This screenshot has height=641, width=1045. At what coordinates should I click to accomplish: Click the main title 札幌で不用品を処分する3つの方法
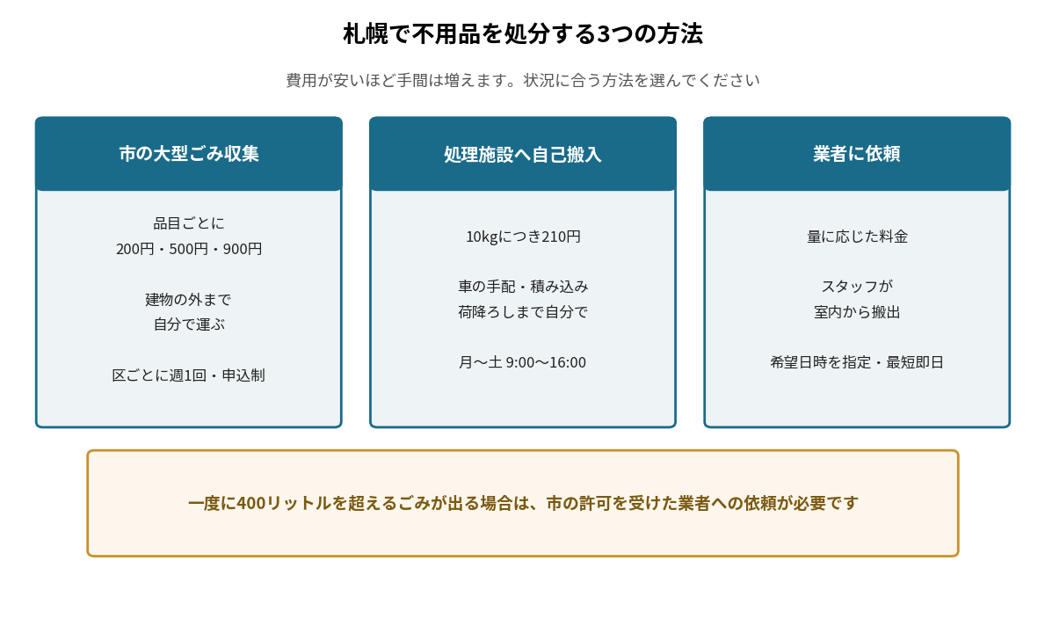(522, 33)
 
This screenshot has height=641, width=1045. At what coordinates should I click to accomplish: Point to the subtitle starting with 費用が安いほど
(522, 80)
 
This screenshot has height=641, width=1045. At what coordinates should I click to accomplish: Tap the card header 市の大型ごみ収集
(189, 153)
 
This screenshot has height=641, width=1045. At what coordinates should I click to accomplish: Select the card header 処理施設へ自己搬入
(522, 154)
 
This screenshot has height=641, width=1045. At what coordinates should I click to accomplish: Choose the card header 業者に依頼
(856, 153)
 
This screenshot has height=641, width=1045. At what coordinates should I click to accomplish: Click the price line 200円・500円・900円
(189, 249)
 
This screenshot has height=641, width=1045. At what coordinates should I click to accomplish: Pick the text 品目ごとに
(189, 222)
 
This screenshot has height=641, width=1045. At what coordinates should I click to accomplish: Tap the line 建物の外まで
(189, 299)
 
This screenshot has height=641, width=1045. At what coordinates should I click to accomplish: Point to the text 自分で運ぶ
(189, 324)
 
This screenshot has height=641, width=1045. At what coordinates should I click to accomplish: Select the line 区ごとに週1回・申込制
(189, 375)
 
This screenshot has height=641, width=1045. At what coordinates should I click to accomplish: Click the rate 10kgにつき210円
(522, 237)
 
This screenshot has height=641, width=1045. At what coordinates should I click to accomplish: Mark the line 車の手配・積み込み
(522, 286)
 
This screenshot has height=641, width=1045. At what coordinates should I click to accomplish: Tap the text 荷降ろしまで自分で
(522, 311)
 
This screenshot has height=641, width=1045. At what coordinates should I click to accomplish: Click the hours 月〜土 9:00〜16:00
(522, 362)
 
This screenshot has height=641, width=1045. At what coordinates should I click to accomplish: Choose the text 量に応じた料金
(856, 237)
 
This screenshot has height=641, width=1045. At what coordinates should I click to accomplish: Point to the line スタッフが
(856, 286)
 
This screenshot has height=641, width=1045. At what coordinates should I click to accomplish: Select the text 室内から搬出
(856, 311)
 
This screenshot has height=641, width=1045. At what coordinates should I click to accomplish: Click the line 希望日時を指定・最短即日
(856, 362)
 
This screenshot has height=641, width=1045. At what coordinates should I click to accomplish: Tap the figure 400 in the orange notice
(251, 503)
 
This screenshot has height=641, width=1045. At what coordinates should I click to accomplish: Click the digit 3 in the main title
(604, 34)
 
